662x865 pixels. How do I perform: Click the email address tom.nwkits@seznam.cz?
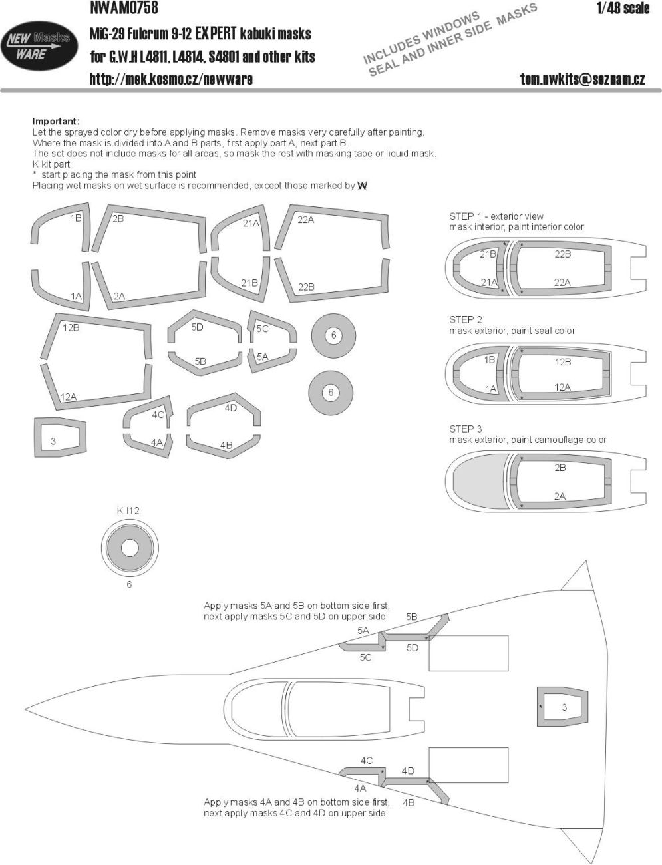point(582,79)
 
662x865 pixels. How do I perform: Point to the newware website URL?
point(171,79)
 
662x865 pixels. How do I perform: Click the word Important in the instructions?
point(56,121)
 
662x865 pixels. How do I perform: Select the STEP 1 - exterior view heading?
point(496,216)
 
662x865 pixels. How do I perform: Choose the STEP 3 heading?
point(466,429)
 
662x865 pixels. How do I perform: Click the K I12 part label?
point(128,511)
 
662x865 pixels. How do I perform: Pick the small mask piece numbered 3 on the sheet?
point(58,440)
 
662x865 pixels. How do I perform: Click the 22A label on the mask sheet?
point(305,220)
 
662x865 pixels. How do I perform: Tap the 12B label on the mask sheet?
point(71,327)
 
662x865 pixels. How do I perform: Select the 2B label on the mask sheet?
point(118,219)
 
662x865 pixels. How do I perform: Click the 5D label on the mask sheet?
point(197,327)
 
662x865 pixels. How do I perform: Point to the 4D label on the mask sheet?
point(230,408)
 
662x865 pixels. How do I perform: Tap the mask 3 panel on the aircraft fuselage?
point(563,707)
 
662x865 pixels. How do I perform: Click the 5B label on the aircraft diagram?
point(411,617)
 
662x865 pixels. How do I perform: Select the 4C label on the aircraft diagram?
point(366,761)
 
